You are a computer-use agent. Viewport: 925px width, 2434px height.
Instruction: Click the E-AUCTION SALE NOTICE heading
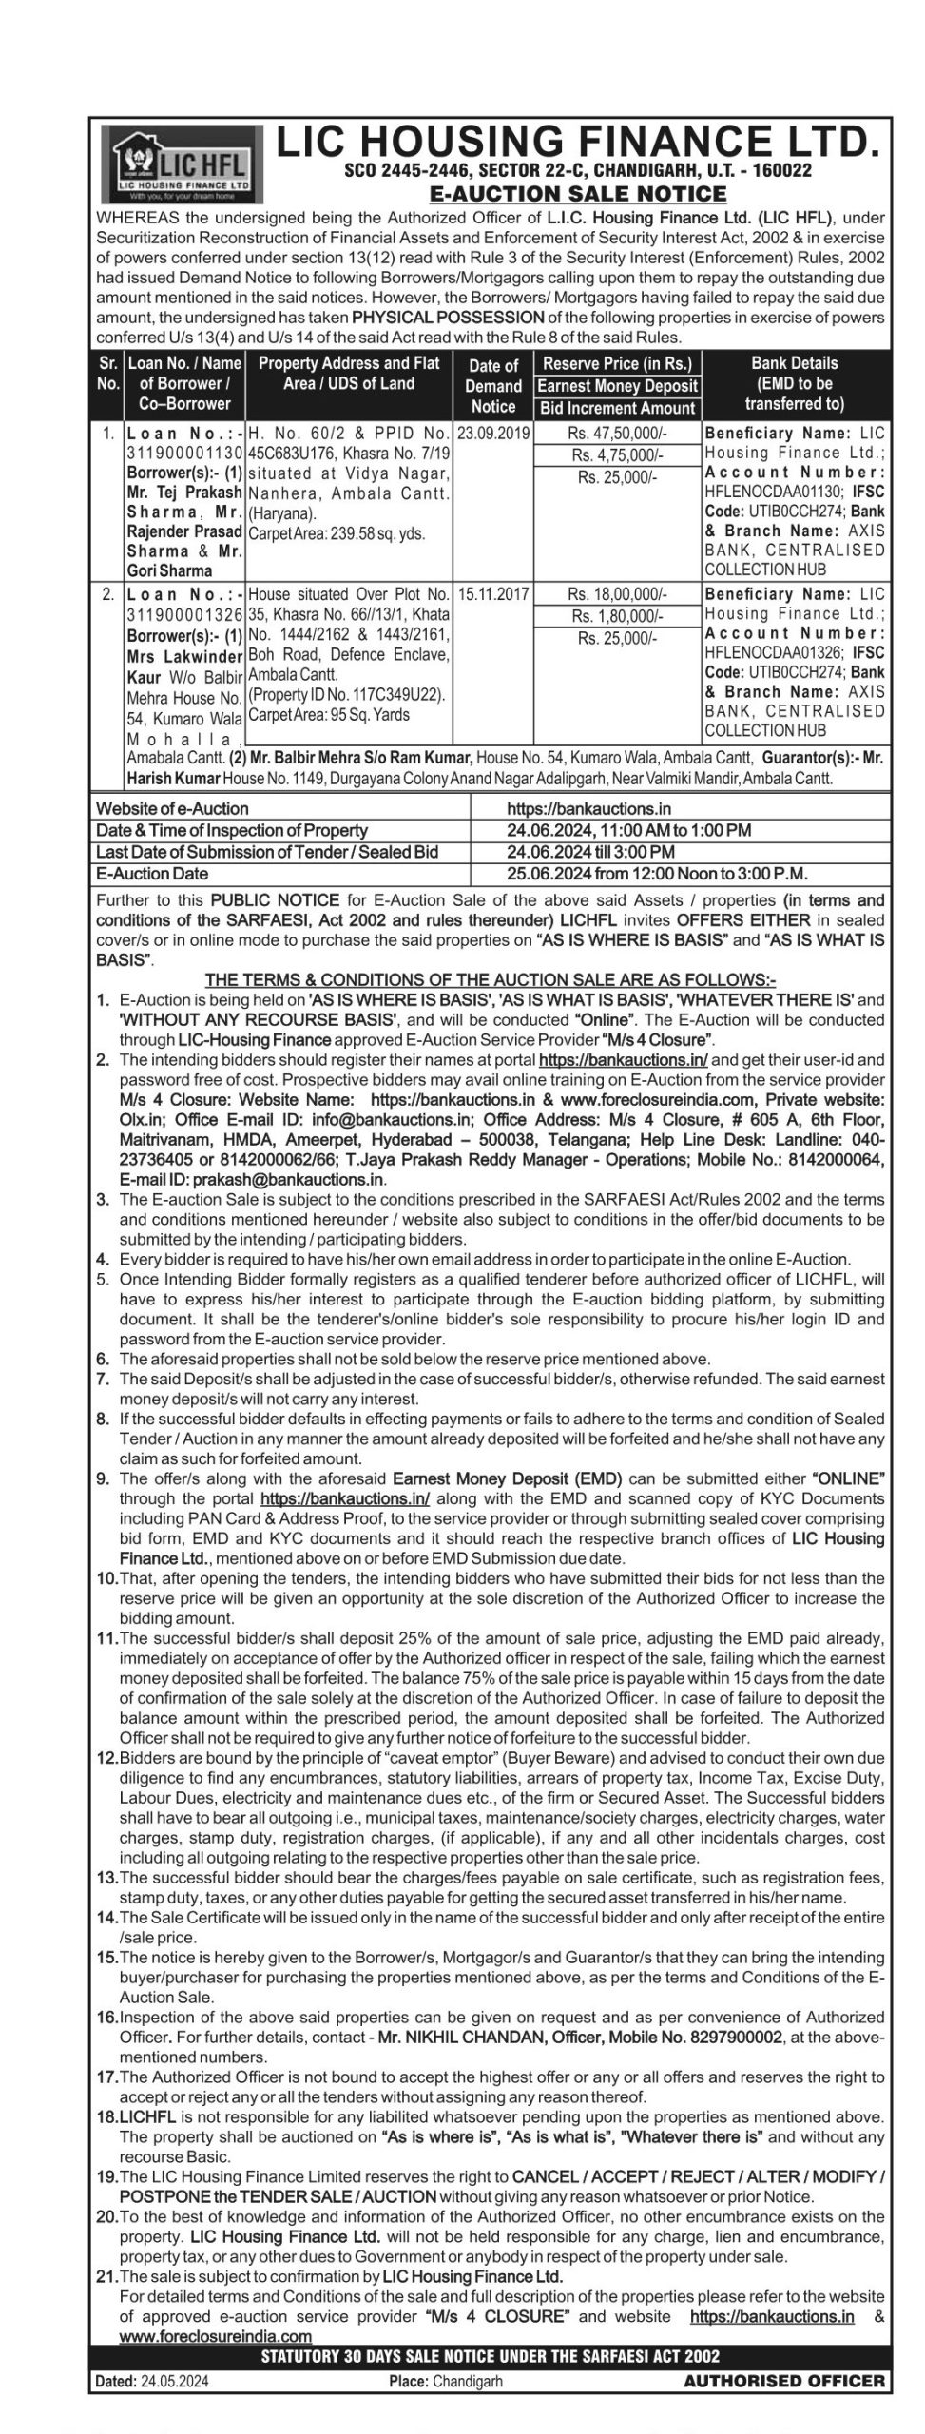pos(578,194)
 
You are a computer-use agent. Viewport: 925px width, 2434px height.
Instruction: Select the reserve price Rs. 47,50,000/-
pos(617,433)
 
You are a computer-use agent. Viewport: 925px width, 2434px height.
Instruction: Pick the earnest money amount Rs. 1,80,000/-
pos(617,616)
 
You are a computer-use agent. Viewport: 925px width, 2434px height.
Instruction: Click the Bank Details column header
pos(794,383)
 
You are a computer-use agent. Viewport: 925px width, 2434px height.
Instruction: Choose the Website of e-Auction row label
pos(172,808)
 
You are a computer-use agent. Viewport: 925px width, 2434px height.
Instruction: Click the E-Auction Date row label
pos(152,873)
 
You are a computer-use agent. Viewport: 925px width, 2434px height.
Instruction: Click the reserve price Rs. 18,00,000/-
pos(617,594)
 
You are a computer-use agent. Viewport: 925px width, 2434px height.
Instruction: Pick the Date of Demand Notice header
pos(492,386)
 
